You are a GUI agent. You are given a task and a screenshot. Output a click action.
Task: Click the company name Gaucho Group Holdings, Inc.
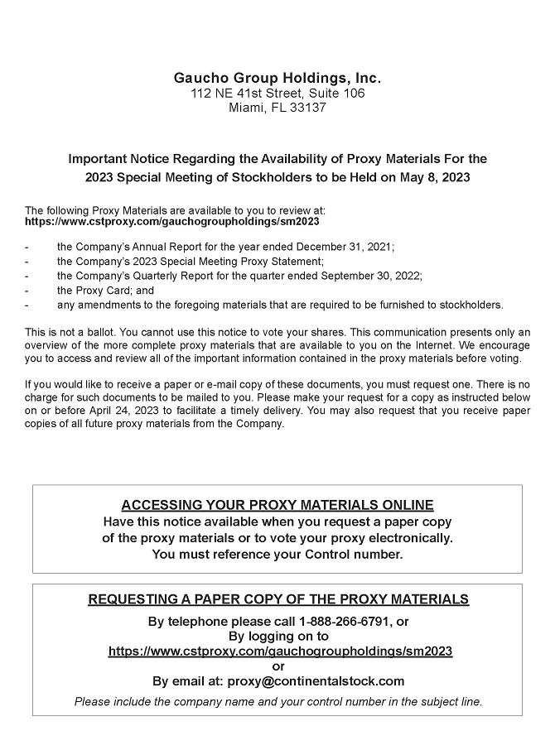(277, 78)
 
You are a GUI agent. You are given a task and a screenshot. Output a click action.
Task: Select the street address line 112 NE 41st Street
(277, 93)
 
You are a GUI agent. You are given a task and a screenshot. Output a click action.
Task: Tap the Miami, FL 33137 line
(277, 108)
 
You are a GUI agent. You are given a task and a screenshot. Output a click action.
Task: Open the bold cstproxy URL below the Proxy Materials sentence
(172, 222)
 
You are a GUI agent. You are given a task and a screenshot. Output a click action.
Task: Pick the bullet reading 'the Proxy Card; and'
(106, 291)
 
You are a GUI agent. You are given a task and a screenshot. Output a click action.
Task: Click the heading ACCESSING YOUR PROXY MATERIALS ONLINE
(277, 506)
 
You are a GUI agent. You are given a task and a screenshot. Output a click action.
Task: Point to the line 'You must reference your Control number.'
(277, 554)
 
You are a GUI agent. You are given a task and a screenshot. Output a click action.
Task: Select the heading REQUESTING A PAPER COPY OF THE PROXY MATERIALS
(277, 599)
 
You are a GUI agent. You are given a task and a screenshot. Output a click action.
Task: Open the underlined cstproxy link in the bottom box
(280, 651)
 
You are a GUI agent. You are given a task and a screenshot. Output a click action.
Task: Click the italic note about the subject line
(277, 701)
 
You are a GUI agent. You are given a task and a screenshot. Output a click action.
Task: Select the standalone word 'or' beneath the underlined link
(277, 666)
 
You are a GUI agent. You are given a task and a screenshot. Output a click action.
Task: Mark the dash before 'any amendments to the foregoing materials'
(28, 305)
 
